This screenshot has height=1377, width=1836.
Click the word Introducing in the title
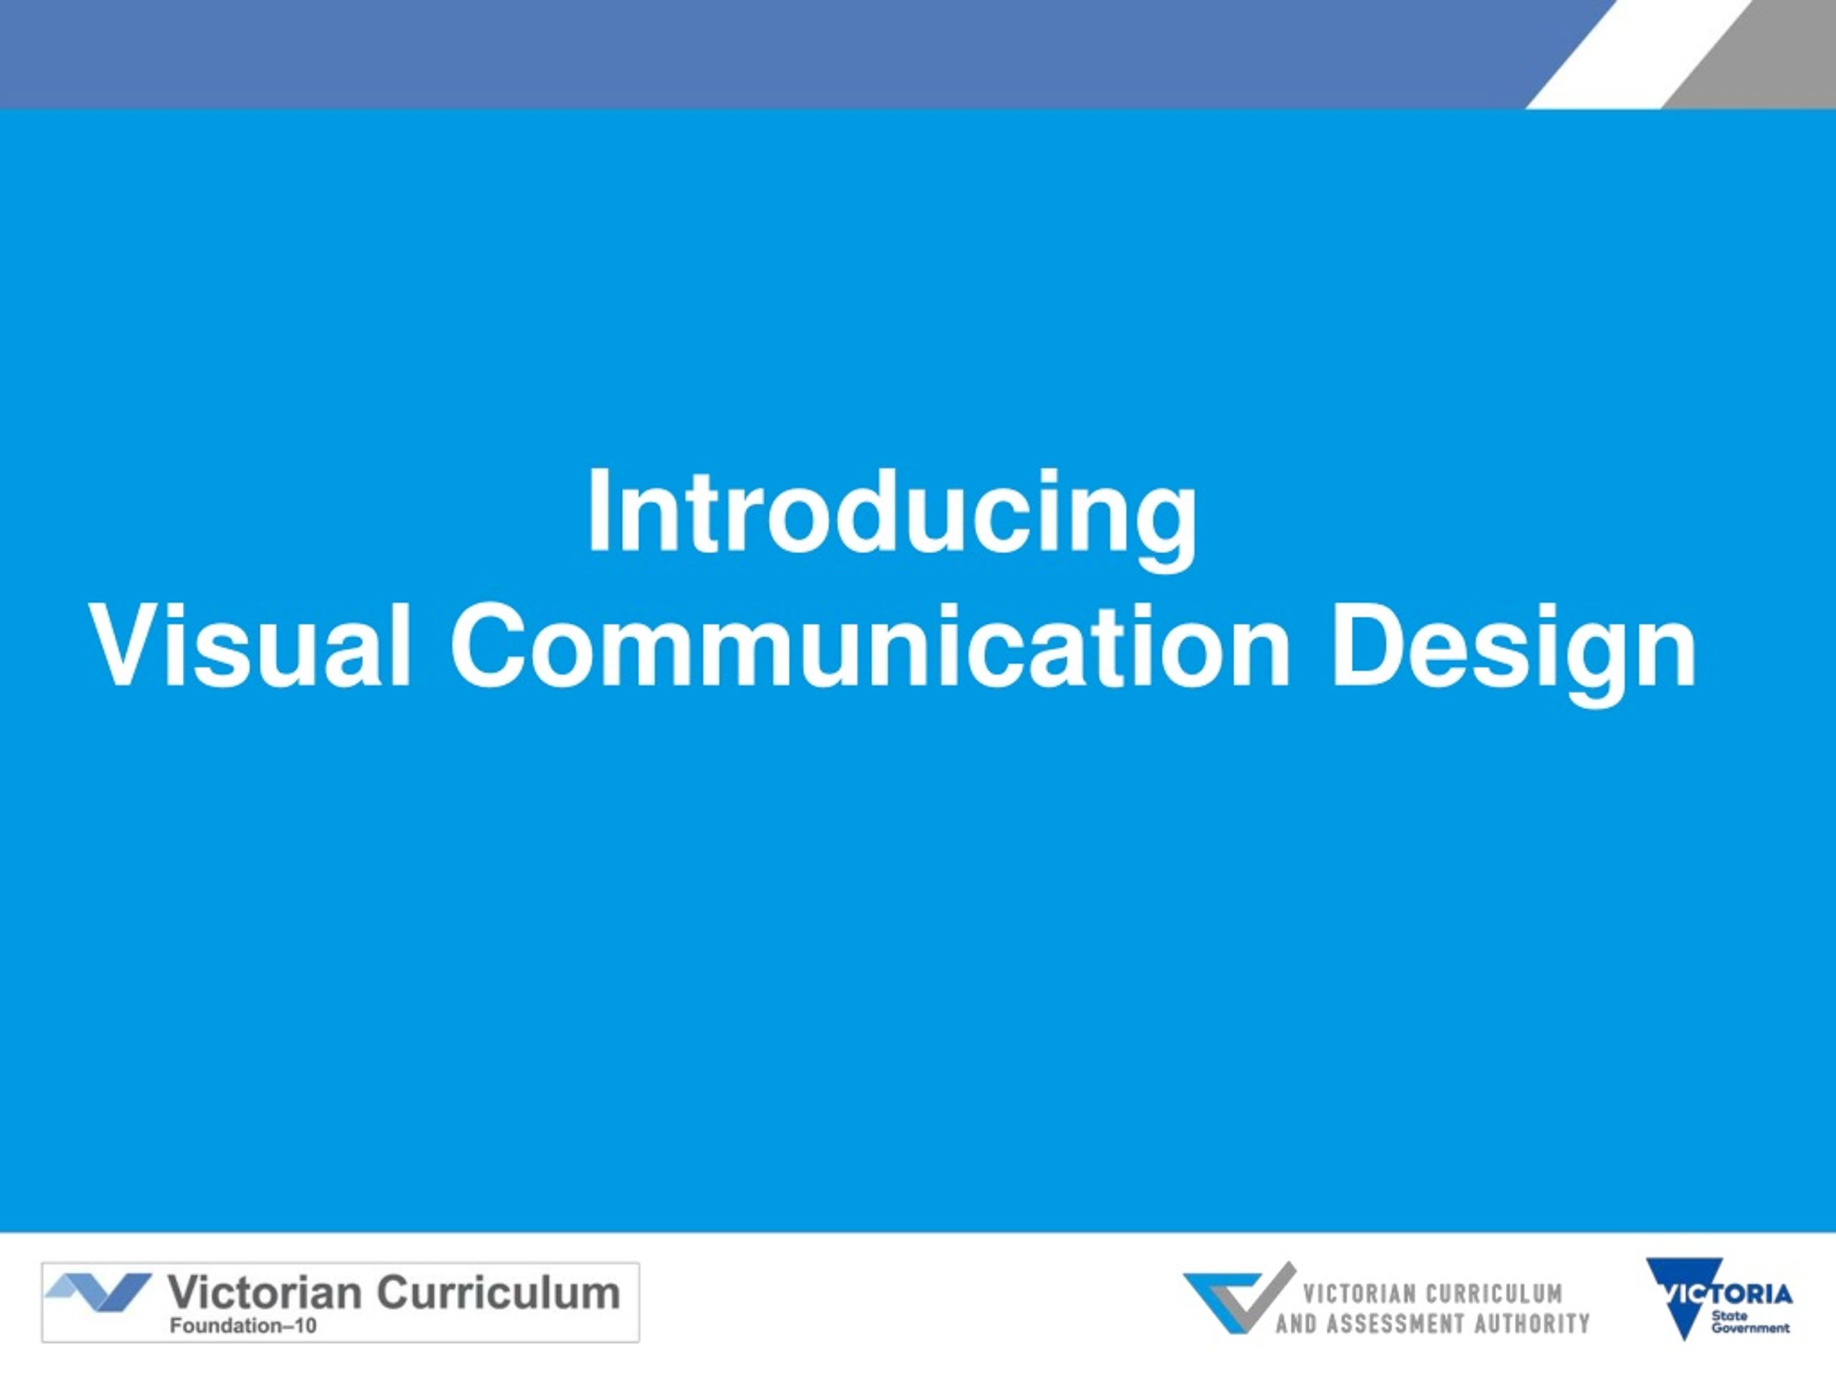[892, 516]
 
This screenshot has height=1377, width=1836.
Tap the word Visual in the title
[250, 645]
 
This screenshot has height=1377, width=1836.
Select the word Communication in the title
[871, 645]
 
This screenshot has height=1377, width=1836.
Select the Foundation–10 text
[243, 1325]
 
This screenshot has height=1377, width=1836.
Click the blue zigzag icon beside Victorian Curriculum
[99, 1292]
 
